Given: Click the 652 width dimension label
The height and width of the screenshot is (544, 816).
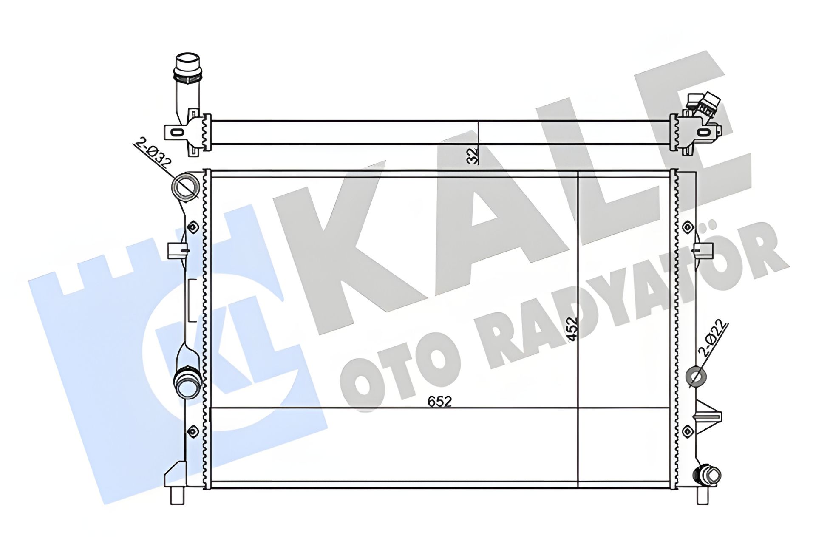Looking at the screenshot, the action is pyautogui.click(x=439, y=401).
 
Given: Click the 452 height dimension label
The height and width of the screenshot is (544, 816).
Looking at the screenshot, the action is pyautogui.click(x=573, y=329).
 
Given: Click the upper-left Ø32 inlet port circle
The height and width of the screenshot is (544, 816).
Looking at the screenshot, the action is pyautogui.click(x=185, y=187).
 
